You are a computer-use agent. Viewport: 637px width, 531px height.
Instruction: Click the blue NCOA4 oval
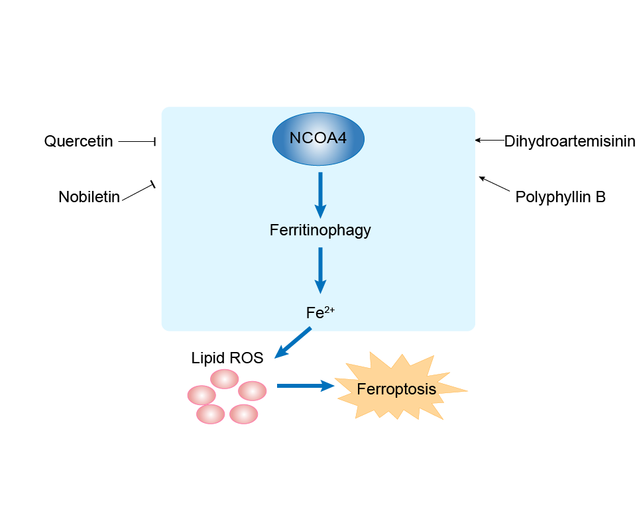318,139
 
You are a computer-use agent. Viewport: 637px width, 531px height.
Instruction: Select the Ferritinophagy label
320,231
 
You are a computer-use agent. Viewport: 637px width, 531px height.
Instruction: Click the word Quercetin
79,141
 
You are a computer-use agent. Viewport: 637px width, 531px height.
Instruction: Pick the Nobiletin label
89,197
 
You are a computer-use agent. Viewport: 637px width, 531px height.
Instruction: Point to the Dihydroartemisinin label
569,141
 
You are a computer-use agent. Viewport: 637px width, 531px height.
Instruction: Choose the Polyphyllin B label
560,197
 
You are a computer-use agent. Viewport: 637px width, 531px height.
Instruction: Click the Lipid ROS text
227,359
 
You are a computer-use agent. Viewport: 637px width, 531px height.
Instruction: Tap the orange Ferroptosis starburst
397,388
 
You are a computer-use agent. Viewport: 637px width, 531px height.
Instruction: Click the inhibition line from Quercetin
137,141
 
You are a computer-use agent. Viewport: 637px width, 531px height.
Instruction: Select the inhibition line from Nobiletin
139,190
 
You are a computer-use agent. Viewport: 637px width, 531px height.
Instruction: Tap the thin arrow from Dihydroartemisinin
489,140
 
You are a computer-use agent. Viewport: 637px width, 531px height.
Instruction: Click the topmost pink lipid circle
225,379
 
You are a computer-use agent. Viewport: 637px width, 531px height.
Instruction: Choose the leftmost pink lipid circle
202,395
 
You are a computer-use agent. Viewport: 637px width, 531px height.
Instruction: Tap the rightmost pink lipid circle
253,390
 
